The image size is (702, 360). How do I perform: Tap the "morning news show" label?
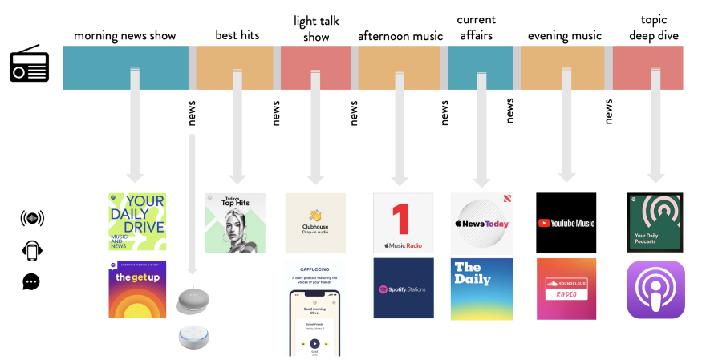click(124, 36)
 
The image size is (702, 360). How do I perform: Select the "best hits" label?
click(237, 35)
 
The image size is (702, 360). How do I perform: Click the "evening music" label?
click(565, 36)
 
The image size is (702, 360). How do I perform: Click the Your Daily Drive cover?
click(137, 222)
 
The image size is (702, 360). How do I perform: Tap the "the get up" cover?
click(137, 289)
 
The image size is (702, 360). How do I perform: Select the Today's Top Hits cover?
click(235, 223)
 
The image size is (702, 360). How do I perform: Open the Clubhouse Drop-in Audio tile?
click(315, 222)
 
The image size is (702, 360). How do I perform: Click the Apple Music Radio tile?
click(403, 222)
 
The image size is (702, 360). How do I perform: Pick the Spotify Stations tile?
click(403, 289)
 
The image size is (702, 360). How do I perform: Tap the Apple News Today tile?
click(481, 222)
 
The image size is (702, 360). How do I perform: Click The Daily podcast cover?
click(481, 289)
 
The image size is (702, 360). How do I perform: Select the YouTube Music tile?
click(566, 222)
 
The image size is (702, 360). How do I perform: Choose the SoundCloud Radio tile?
click(566, 289)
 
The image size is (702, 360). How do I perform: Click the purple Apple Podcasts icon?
click(655, 289)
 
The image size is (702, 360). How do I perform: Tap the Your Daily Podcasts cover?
click(655, 222)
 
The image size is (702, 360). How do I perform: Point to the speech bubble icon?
click(31, 281)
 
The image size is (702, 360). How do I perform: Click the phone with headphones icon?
click(31, 250)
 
